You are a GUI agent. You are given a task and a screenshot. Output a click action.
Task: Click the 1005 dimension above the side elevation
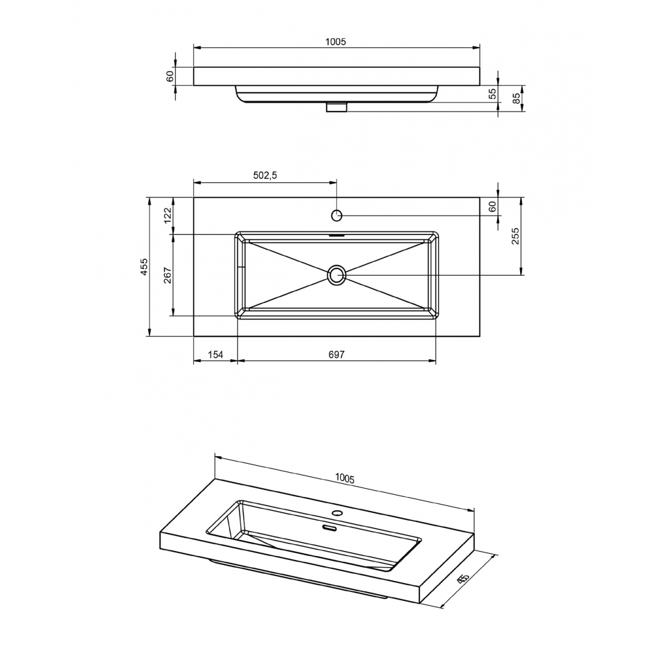(335, 42)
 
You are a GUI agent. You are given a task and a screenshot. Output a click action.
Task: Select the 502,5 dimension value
(265, 175)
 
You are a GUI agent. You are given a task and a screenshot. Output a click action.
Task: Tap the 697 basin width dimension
(336, 355)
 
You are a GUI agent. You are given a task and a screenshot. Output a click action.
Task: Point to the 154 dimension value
(215, 355)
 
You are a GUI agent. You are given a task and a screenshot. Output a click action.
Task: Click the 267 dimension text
(168, 275)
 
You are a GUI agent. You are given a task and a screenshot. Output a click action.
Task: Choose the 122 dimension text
(168, 215)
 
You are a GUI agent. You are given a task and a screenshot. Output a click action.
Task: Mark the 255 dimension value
(515, 236)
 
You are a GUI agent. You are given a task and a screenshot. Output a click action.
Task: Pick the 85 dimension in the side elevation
(516, 99)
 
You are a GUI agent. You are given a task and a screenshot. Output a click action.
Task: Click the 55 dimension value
(493, 94)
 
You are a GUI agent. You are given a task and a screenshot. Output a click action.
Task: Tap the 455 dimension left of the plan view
(145, 266)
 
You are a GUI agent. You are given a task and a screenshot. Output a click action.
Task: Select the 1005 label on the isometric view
(344, 478)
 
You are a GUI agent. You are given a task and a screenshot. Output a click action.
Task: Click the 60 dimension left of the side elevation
(170, 76)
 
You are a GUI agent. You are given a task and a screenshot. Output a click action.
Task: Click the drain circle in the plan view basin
(337, 274)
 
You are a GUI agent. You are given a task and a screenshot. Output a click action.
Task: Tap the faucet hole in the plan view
(337, 215)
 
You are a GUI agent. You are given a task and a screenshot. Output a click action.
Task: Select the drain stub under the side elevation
(336, 106)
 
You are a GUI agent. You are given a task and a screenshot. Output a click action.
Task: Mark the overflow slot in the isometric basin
(329, 528)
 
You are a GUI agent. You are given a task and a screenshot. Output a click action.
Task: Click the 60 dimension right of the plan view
(493, 207)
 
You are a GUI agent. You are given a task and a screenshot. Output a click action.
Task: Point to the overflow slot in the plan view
(337, 234)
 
